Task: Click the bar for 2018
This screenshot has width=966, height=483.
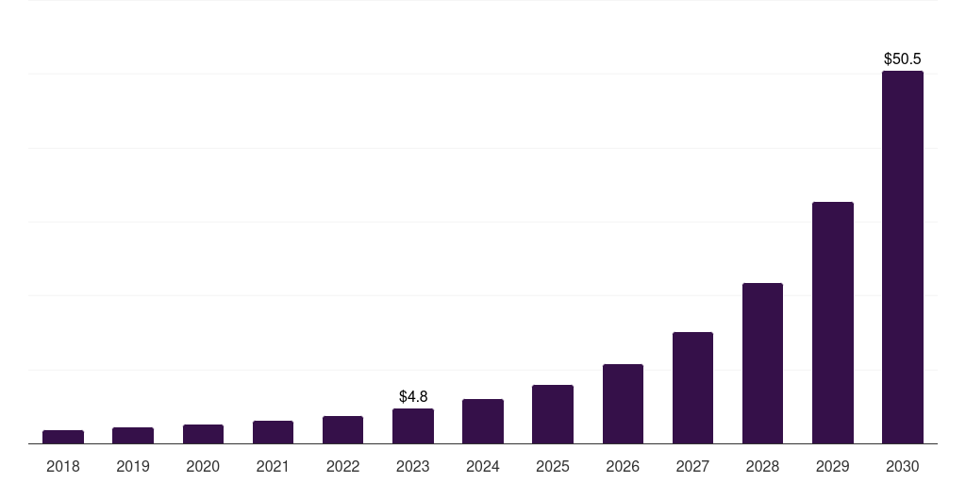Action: coord(63,437)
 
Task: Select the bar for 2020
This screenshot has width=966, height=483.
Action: coord(203,434)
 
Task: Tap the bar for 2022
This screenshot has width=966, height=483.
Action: coord(342,430)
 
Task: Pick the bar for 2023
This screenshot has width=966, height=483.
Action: coord(413,426)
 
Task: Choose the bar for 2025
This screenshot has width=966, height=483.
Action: coord(553,414)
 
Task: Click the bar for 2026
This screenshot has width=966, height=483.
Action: coord(623,404)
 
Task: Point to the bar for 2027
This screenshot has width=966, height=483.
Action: coord(692,388)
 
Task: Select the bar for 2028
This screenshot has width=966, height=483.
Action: coord(762,363)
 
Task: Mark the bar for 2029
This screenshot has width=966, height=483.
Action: coord(833,323)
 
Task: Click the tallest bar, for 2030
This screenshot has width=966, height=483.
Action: coord(903,257)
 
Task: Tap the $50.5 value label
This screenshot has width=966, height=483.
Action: coord(903,58)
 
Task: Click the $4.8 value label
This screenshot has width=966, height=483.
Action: coord(413,396)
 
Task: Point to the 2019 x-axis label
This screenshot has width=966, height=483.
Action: coord(133,466)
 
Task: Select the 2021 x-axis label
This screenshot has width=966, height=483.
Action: coord(273,466)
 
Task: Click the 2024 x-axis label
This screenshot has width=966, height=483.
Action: coord(483,466)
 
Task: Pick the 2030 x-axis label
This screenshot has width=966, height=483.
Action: coord(903,466)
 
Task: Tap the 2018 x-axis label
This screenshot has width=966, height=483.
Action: coord(63,466)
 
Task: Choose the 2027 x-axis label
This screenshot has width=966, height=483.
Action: coord(692,466)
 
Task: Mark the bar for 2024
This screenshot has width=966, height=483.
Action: coord(483,422)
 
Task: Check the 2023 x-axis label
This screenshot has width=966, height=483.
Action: coord(413,466)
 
